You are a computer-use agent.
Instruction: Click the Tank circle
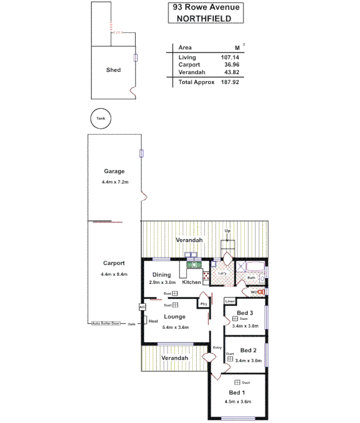[100, 118]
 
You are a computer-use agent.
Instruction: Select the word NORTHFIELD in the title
[206, 17]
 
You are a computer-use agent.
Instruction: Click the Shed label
[113, 70]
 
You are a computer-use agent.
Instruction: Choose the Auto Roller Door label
[106, 323]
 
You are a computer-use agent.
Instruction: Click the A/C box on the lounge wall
[142, 307]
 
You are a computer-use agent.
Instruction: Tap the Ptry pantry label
[204, 304]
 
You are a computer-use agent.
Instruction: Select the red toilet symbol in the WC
[261, 291]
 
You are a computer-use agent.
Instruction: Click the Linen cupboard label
[229, 301]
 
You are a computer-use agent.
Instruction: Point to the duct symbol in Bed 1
[237, 382]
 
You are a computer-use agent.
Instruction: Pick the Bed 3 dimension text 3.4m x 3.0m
[244, 326]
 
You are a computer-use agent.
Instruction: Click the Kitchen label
[191, 282]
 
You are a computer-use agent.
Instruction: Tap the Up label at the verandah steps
[228, 232]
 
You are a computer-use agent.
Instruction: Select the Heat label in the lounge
[153, 321]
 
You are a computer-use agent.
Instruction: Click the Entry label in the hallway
[217, 347]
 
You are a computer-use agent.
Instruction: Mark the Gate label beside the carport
[131, 323]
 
